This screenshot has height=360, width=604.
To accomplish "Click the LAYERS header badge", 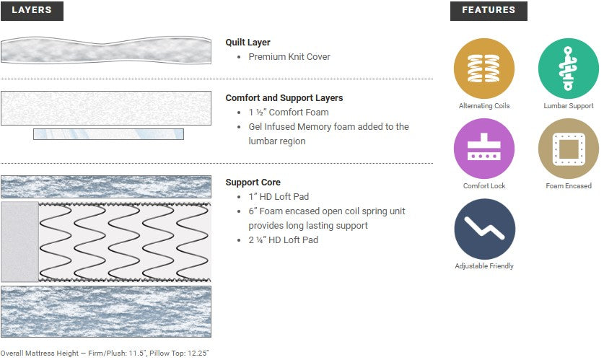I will tap(32, 11).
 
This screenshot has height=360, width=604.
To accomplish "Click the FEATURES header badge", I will tap(489, 11).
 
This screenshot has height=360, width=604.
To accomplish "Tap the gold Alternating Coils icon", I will tap(483, 69).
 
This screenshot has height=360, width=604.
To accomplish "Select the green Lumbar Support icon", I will tap(568, 69).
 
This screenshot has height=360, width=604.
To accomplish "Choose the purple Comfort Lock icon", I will tap(483, 149).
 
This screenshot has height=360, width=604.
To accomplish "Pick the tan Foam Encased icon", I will tap(568, 149).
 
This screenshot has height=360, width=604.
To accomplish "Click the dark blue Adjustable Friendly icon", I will tap(483, 229).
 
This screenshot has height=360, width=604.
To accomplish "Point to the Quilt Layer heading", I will tap(248, 43).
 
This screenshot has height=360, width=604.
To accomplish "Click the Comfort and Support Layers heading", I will tap(284, 98).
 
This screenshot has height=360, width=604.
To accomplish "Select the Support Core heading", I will tap(253, 183).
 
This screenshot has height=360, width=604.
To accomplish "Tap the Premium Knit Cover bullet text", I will tap(289, 57).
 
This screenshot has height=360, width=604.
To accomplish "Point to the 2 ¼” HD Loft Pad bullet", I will tap(283, 240).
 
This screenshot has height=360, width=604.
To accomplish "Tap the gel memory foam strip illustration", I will tap(108, 134).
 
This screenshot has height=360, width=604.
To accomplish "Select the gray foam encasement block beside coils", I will tap(19, 242).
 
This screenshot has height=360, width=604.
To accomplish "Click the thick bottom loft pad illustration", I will tap(106, 312).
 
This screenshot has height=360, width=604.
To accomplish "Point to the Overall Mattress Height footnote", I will tap(105, 354).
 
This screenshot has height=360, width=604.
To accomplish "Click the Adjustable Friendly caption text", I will tap(483, 266).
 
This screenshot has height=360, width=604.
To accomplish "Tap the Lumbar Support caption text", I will tap(568, 106).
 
